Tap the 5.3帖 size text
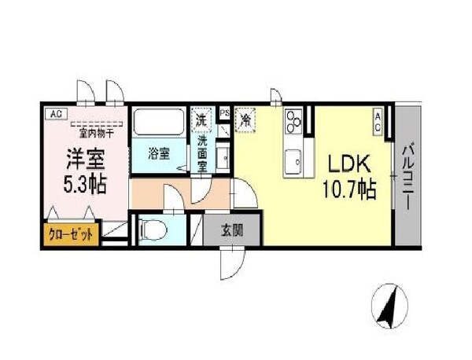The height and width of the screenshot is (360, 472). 85,186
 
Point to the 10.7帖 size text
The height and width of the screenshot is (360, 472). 347,189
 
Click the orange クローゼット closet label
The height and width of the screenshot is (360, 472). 71,233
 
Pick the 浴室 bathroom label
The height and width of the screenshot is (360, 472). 159,153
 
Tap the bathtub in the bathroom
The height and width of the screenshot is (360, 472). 159,123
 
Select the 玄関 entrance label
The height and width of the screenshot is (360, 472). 230,230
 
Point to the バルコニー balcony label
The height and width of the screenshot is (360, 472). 410,174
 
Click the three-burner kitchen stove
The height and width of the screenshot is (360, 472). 296,119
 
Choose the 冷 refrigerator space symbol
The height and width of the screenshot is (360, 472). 246,120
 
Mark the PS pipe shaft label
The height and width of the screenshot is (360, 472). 224,114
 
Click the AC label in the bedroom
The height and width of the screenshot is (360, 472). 55,114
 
